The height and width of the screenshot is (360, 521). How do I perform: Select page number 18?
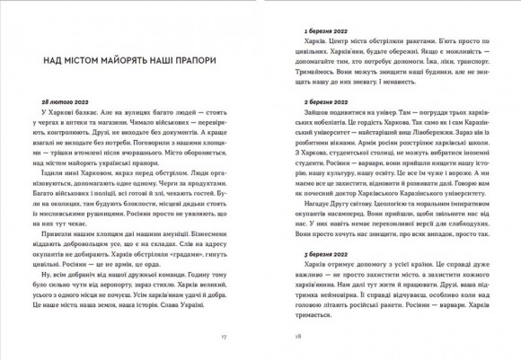287,337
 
